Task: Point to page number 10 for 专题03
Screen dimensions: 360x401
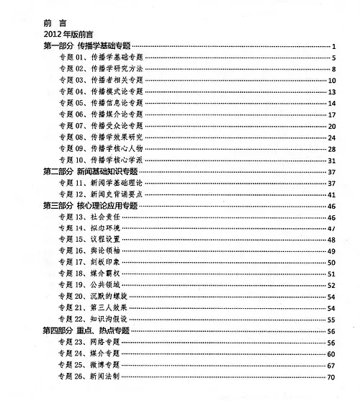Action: coord(333,81)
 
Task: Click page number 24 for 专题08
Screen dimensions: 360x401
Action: coord(333,138)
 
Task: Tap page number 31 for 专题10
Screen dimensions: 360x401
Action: coord(333,161)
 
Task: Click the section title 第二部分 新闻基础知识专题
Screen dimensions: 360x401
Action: coord(91,172)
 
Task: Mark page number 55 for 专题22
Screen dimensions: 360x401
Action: coord(333,320)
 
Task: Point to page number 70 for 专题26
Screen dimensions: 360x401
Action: coord(333,377)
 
